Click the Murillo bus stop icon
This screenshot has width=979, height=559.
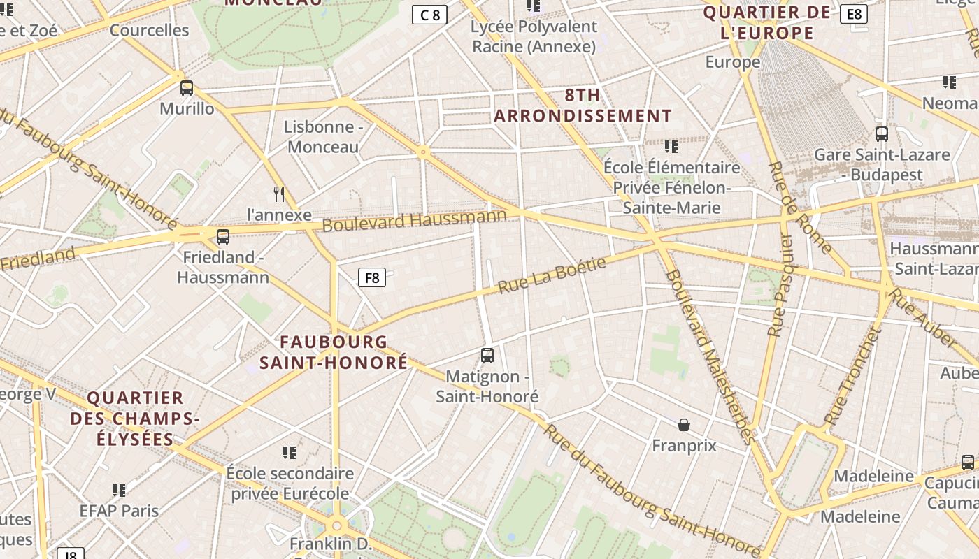click(187, 88)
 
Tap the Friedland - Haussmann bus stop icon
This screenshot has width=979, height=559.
click(223, 237)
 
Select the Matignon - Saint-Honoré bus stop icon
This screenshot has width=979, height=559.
click(487, 356)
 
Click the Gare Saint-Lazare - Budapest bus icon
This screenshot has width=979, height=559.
click(882, 134)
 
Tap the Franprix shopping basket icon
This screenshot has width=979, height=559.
click(684, 425)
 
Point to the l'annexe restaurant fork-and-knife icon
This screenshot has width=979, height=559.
click(279, 194)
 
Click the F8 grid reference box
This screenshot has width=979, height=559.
click(372, 277)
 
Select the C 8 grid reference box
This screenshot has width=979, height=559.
click(429, 15)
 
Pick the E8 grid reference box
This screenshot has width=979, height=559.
click(854, 14)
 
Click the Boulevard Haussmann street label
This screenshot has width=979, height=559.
click(414, 221)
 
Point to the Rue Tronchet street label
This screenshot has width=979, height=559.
click(851, 377)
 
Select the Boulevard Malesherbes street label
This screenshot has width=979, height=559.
click(709, 356)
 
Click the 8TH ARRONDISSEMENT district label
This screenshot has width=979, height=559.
click(583, 106)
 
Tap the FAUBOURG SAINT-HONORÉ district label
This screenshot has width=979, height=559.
click(334, 352)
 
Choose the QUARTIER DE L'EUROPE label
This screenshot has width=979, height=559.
click(767, 22)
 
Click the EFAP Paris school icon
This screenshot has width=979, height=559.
click(119, 491)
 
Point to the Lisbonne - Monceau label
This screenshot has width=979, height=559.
click(323, 137)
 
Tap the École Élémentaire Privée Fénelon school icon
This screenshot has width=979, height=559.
click(671, 147)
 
